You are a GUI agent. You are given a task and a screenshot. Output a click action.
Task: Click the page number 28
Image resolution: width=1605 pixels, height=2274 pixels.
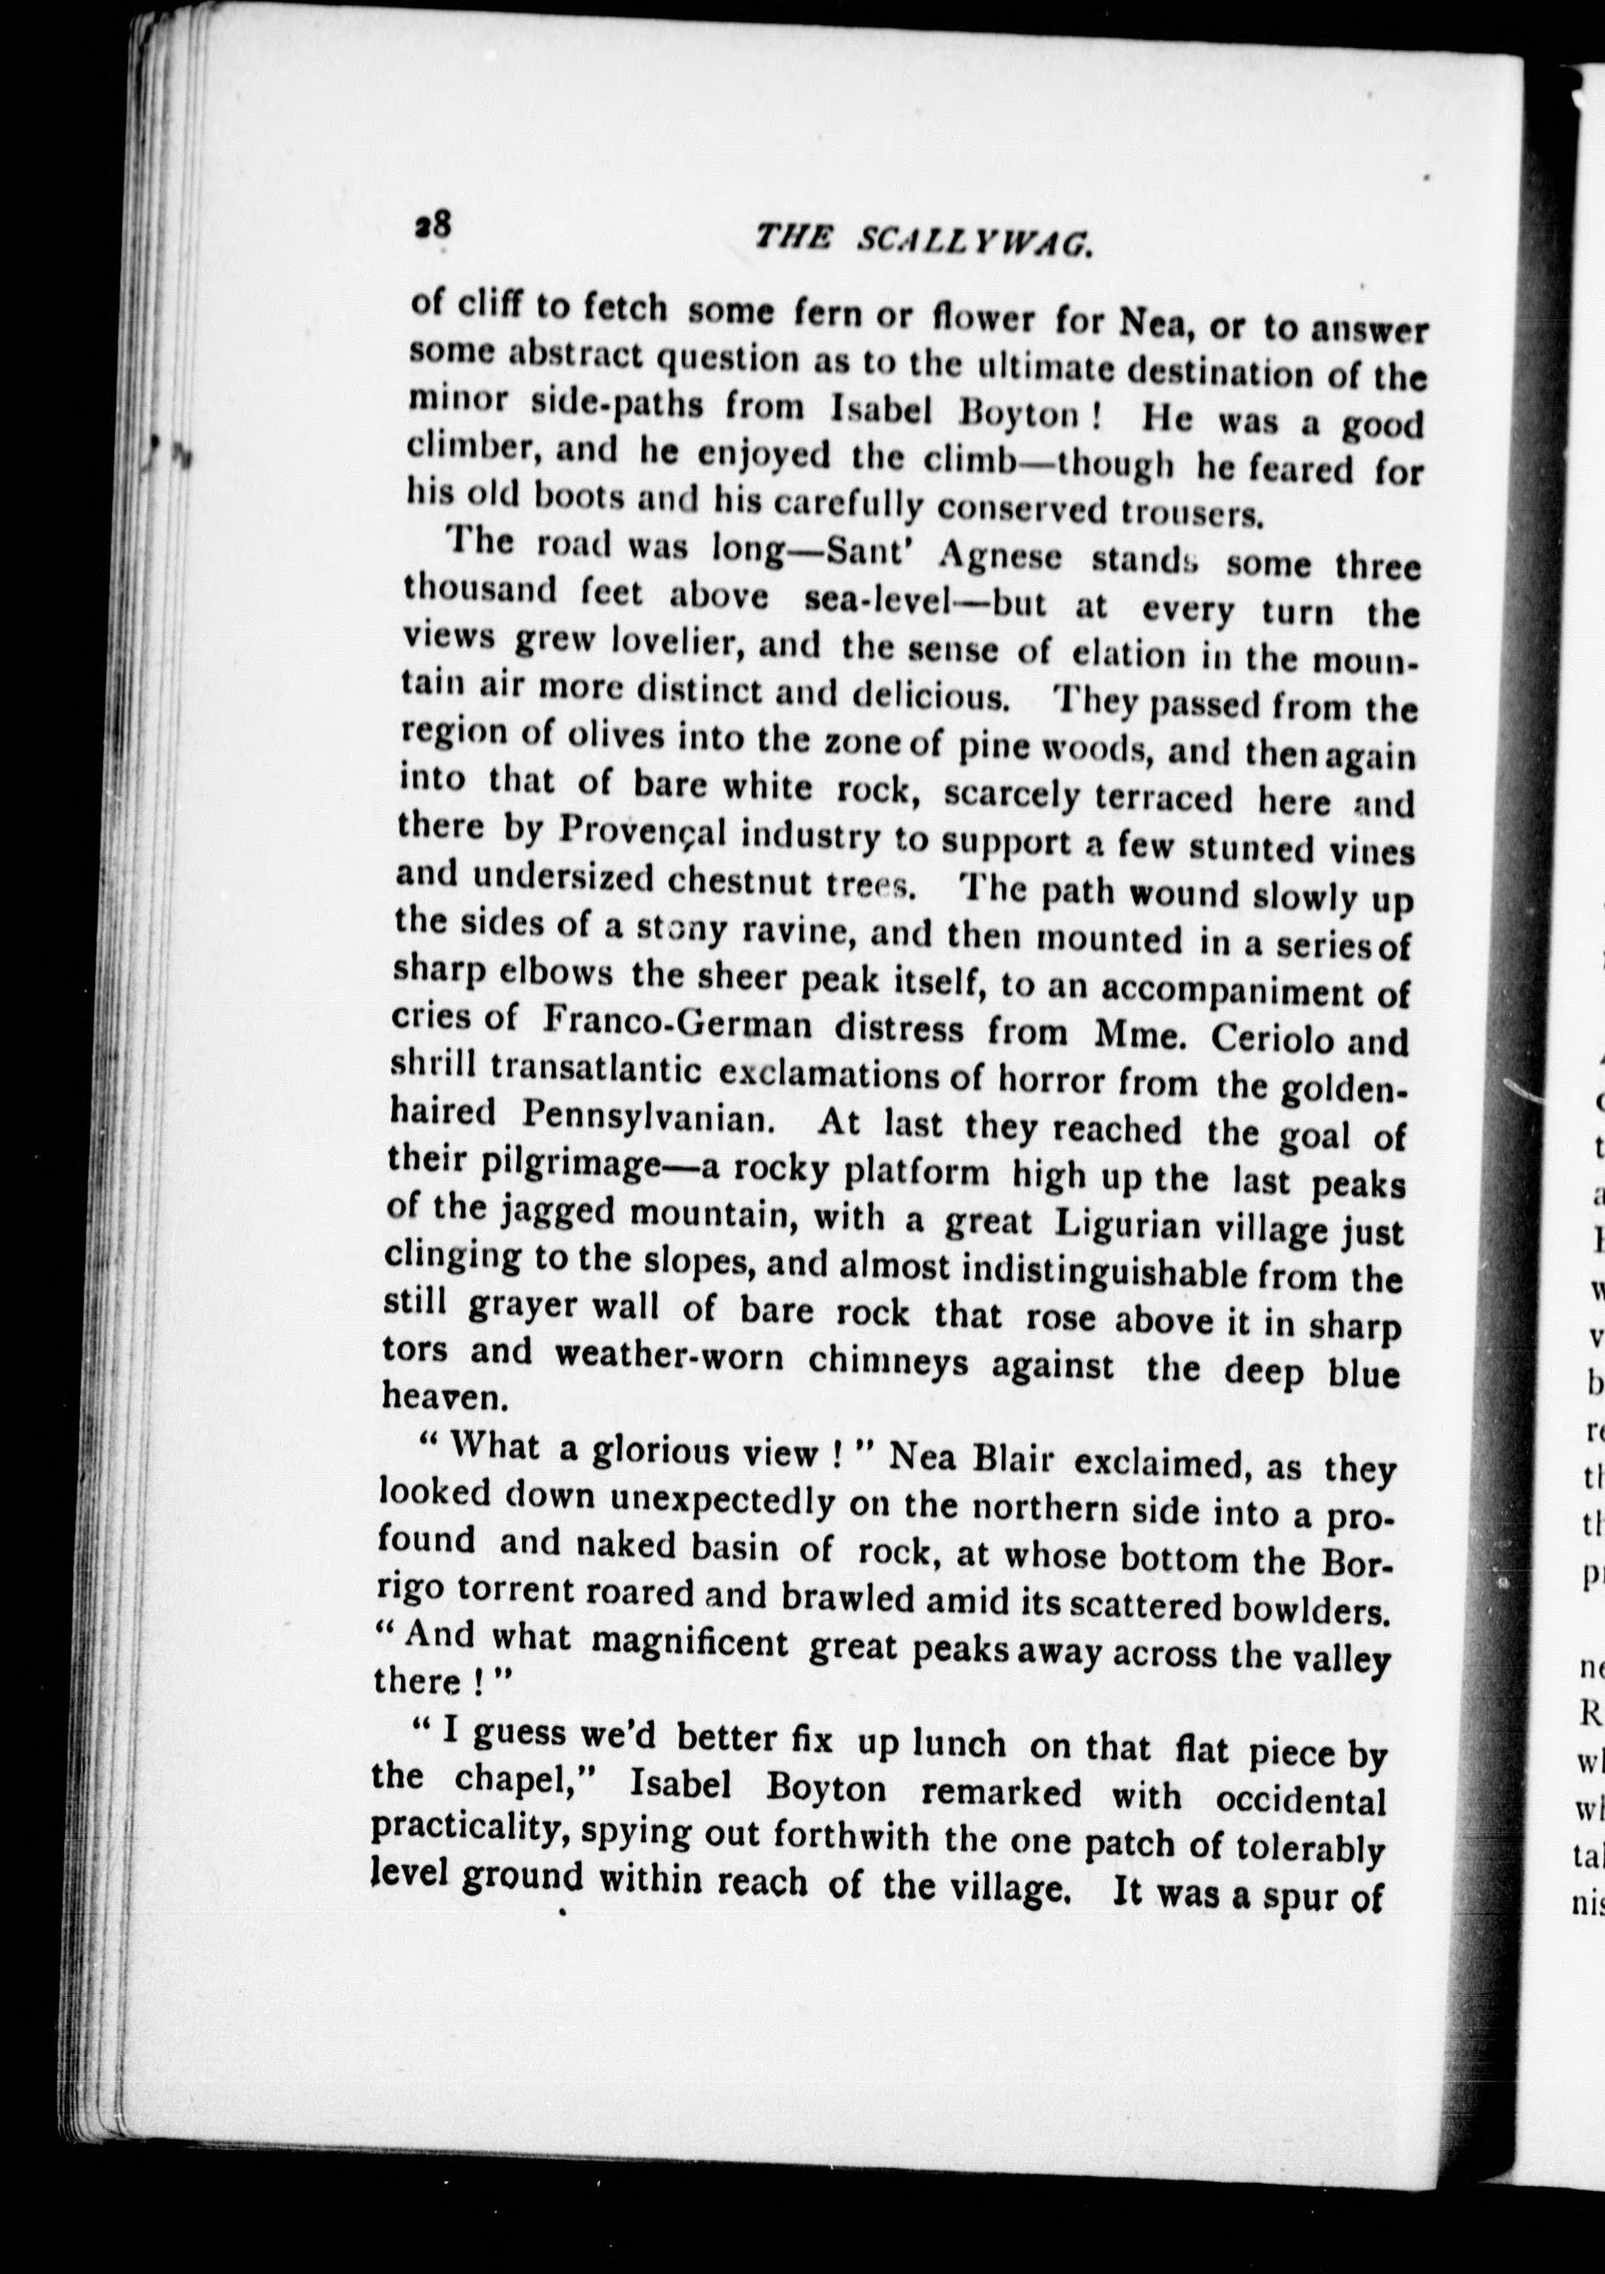433,225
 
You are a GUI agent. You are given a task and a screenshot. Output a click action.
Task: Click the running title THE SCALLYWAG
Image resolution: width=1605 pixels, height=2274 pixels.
923,241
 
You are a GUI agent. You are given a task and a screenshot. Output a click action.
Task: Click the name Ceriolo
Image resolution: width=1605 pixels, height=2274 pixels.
1272,1038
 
